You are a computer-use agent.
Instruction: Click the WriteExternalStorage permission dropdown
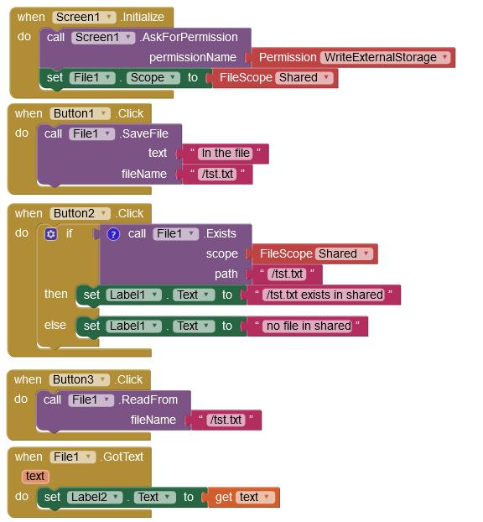385,57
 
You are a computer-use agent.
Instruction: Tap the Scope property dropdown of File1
153,77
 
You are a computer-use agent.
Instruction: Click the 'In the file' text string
226,153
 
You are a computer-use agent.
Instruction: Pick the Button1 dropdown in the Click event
80,113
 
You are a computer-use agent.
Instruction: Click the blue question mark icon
113,234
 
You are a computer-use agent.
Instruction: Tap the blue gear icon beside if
51,234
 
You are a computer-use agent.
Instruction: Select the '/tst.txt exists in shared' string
325,295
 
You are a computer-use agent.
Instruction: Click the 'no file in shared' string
309,326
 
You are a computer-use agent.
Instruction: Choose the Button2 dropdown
80,213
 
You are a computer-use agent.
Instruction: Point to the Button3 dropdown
79,379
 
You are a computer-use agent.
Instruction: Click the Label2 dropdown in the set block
95,497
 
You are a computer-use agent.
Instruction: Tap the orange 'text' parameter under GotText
35,476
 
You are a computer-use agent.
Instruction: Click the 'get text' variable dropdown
255,497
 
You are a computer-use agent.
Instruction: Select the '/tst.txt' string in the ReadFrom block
226,420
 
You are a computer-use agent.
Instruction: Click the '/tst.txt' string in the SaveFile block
217,174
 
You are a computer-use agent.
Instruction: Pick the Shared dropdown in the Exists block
344,253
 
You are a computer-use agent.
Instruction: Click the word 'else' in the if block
55,325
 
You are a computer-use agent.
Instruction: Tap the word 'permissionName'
193,57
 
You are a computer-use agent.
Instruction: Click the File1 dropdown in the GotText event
73,457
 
